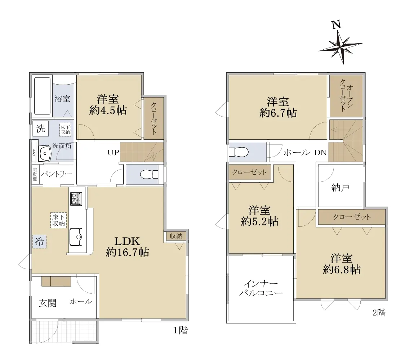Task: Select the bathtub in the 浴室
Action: coord(43,96)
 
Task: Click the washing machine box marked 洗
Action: coord(41,128)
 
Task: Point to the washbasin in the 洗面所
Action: coord(45,153)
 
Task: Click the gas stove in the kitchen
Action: coord(76,199)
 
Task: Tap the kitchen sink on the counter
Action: coord(76,237)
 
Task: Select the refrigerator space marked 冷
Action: coord(40,242)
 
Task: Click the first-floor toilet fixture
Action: coord(149,174)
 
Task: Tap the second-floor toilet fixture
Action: coord(239,152)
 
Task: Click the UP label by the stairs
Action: coord(113,153)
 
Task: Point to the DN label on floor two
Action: coord(320,153)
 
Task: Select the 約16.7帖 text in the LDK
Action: coord(127,252)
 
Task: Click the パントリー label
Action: coord(56,174)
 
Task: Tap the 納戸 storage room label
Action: coord(341,188)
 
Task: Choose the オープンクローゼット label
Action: coord(346,95)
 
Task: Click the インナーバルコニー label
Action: coord(261,288)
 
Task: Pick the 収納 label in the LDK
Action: coord(176,236)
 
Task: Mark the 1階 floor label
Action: coord(180,330)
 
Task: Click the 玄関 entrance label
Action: coord(48,303)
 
